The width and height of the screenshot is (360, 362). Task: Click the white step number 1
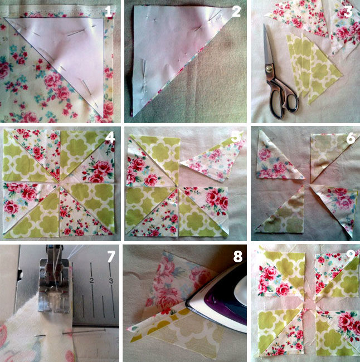click(109, 12)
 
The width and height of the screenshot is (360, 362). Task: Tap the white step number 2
click(236, 11)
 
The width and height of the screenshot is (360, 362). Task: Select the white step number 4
click(110, 138)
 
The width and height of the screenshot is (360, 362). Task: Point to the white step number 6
click(351, 138)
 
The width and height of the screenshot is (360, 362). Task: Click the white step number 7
click(111, 257)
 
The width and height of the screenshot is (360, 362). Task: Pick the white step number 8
click(238, 257)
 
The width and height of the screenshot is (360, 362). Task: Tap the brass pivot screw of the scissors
click(269, 69)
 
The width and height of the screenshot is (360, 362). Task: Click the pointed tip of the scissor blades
click(265, 25)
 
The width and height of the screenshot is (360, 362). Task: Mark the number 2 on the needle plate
click(92, 281)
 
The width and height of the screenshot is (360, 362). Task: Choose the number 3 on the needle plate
click(111, 281)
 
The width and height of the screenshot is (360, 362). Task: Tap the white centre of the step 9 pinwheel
click(309, 302)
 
